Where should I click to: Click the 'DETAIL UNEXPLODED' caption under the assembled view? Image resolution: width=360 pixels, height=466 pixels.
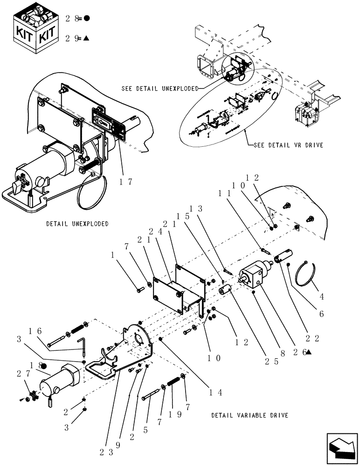coord(77,224)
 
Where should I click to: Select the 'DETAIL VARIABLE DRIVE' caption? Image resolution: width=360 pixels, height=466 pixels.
coord(249,415)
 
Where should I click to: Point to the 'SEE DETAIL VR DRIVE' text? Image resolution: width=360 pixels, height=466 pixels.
coord(288,145)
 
